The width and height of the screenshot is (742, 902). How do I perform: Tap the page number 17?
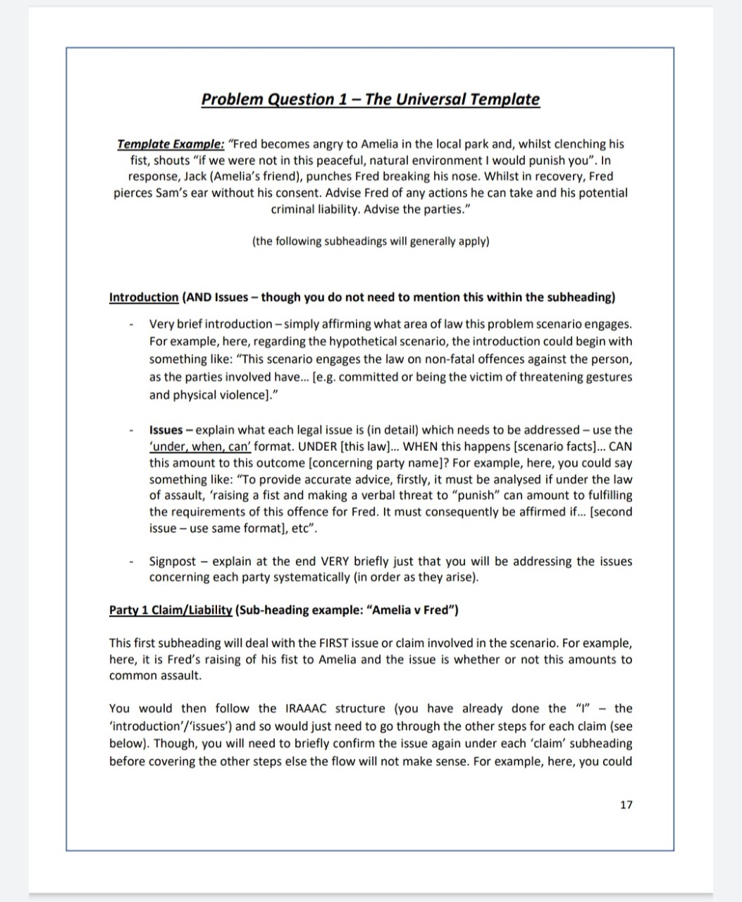(x=626, y=804)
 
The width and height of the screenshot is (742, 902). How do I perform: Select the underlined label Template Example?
(x=171, y=144)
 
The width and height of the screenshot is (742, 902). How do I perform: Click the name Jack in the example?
(x=195, y=176)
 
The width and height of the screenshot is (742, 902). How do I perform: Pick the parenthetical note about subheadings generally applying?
(x=371, y=241)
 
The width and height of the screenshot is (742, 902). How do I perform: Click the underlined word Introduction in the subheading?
(x=144, y=297)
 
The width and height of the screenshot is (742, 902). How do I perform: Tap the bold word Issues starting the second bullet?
(x=166, y=430)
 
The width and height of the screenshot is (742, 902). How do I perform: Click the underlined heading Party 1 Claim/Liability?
(x=171, y=610)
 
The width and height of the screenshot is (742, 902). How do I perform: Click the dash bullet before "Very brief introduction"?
(x=131, y=325)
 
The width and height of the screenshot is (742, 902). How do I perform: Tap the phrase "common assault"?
(x=155, y=676)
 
